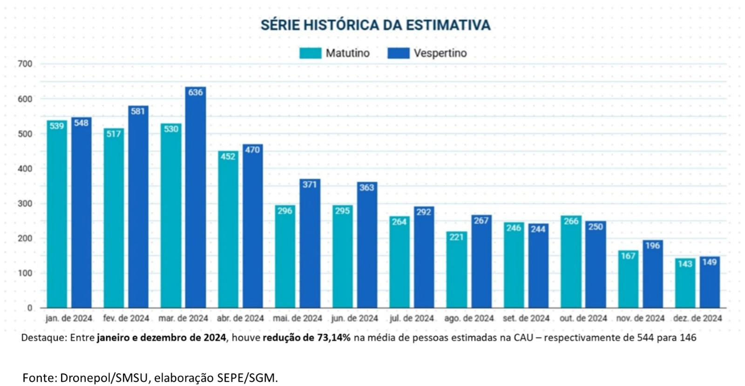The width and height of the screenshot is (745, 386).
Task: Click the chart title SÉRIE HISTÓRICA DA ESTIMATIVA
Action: coord(375,25)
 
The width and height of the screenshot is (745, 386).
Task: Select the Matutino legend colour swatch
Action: coord(310,53)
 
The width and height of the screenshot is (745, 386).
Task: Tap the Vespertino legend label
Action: coord(440,53)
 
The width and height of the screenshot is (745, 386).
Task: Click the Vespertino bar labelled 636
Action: coord(196,198)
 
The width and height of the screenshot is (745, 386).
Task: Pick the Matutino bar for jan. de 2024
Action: coord(57,214)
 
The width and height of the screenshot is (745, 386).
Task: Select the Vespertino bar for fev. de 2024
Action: coord(138,207)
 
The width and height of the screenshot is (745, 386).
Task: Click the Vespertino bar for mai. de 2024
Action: coord(310,244)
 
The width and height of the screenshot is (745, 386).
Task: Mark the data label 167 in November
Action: coord(628,256)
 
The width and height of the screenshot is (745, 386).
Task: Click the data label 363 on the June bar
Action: coord(366,187)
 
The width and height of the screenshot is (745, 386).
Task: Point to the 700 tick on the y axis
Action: coord(25,64)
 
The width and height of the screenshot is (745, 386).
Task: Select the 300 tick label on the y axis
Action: coord(25,203)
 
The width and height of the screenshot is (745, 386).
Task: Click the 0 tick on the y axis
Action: coord(30,308)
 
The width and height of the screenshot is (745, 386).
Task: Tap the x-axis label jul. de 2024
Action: coord(412,319)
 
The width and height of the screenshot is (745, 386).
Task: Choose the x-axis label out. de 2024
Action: coord(583,319)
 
